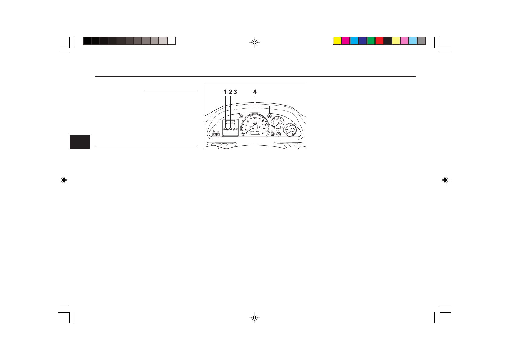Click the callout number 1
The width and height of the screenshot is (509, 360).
pyautogui.click(x=225, y=92)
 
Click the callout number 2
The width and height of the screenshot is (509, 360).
pyautogui.click(x=230, y=92)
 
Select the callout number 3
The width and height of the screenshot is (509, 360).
pyautogui.click(x=235, y=92)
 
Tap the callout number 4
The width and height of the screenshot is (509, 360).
pyautogui.click(x=255, y=92)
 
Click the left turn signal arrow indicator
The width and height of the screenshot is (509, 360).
pyautogui.click(x=241, y=116)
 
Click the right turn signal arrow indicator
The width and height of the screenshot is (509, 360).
pyautogui.click(x=269, y=116)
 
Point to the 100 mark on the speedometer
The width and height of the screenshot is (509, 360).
pyautogui.click(x=255, y=118)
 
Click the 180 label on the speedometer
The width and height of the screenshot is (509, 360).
pyautogui.click(x=264, y=129)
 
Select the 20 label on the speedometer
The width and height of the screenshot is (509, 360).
pyautogui.click(x=246, y=130)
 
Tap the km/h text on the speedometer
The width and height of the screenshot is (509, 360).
pyautogui.click(x=255, y=123)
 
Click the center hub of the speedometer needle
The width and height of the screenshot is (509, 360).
pyautogui.click(x=255, y=127)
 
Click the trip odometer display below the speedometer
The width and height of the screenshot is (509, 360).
pyautogui.click(x=255, y=133)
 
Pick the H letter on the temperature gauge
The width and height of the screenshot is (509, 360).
pyautogui.click(x=277, y=120)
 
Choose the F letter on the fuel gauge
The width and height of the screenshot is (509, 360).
pyautogui.click(x=289, y=127)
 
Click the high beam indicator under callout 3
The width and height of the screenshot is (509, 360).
pyautogui.click(x=235, y=130)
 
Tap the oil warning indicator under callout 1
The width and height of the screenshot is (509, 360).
pyautogui.click(x=225, y=130)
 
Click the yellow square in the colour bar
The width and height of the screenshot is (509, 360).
pyautogui.click(x=337, y=41)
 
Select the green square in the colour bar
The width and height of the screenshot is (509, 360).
pyautogui.click(x=371, y=41)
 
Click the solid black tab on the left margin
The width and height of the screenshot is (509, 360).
pyautogui.click(x=80, y=142)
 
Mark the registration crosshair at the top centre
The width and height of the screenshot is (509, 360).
pyautogui.click(x=254, y=43)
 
